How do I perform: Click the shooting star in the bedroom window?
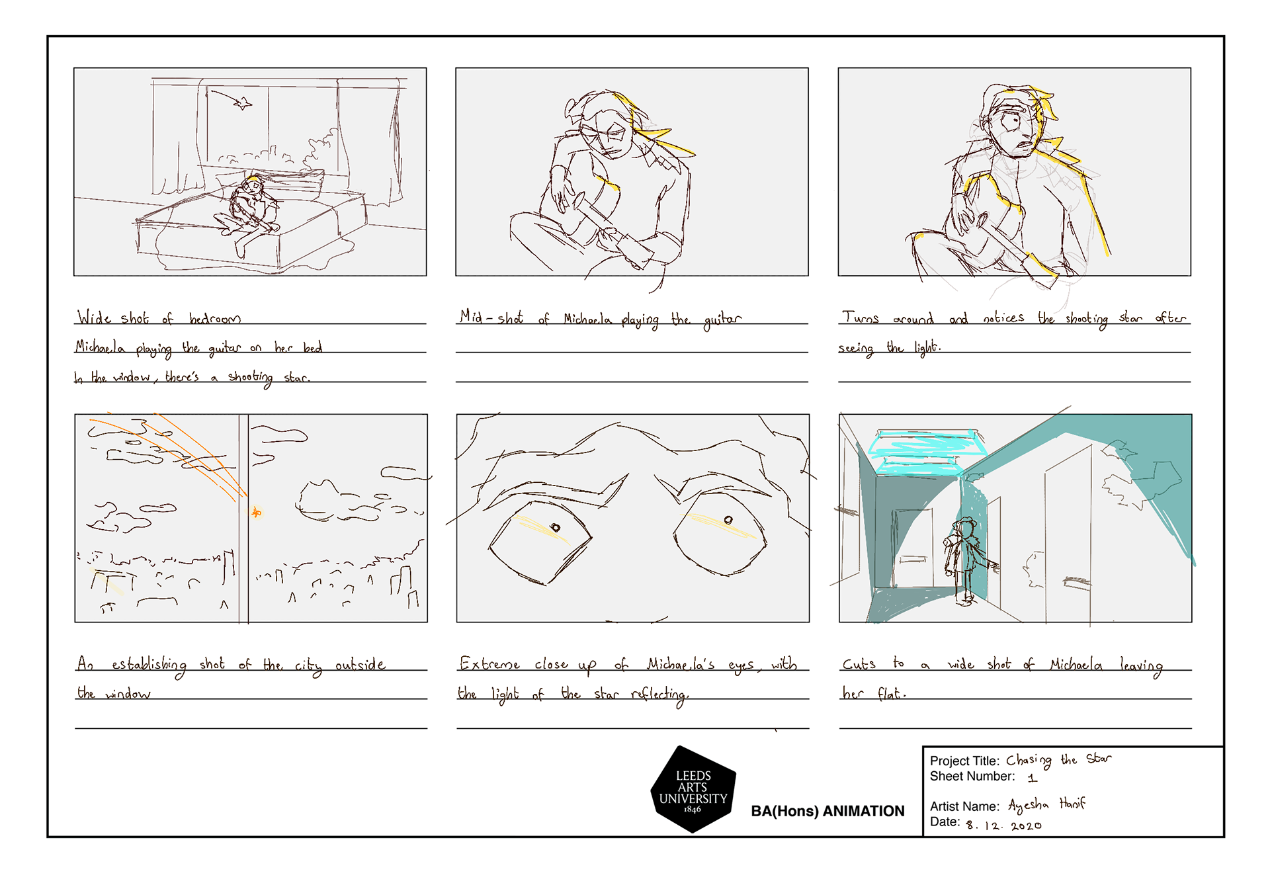243,103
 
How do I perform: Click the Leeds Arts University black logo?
693,790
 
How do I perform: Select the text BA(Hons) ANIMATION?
827,811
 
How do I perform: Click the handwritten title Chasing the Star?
1058,760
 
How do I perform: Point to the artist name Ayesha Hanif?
1046,804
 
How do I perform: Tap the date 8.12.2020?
1003,825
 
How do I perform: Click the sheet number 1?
1032,778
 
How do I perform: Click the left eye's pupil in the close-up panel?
556,527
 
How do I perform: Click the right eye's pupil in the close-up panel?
728,520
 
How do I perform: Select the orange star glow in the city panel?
257,512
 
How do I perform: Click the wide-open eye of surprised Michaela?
1011,122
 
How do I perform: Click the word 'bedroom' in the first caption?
214,319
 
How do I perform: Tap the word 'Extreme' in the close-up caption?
489,663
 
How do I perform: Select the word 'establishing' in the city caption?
149,664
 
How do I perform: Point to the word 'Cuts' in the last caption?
859,663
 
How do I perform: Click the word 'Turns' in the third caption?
860,318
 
